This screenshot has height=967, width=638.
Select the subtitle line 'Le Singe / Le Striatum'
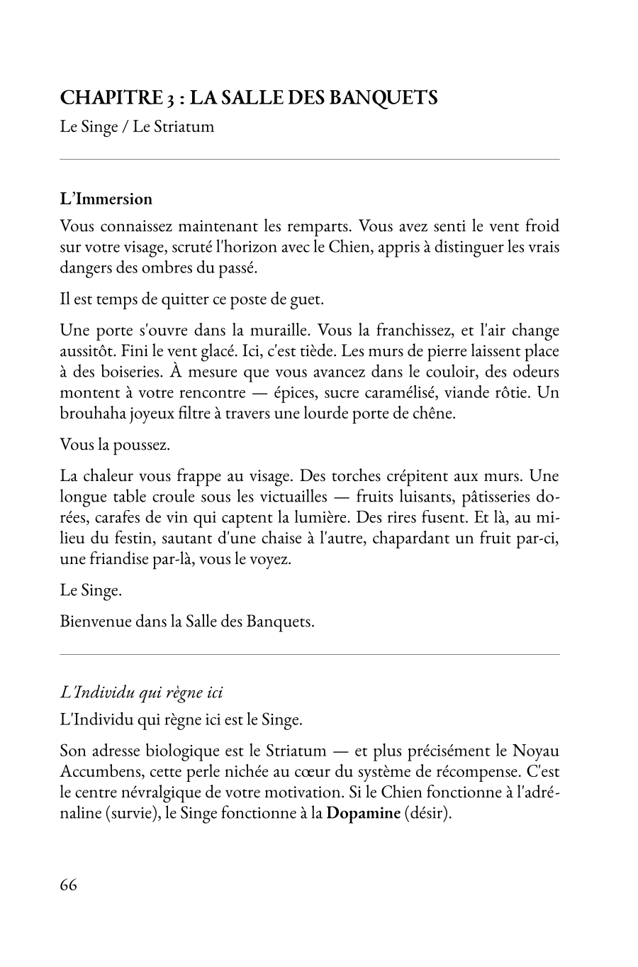(x=137, y=128)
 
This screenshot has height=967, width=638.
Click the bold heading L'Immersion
(x=106, y=199)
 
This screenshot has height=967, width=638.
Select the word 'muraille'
(x=279, y=331)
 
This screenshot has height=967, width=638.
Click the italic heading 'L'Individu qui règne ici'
(x=142, y=692)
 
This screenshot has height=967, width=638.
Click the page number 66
(x=69, y=885)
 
